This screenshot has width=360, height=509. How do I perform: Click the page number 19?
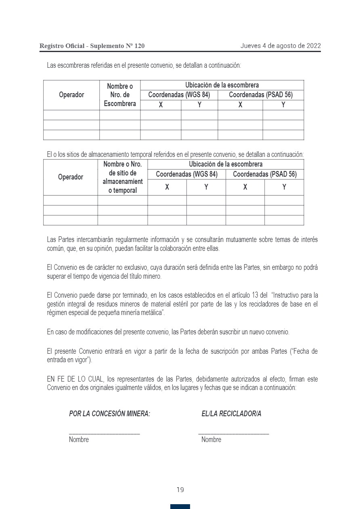pyautogui.click(x=180, y=490)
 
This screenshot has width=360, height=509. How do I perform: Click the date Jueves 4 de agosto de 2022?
pyautogui.click(x=280, y=46)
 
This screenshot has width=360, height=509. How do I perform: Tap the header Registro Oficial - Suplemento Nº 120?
pyautogui.click(x=92, y=46)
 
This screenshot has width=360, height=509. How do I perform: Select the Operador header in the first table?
pyautogui.click(x=71, y=95)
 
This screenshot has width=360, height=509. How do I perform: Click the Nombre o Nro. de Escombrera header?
pyautogui.click(x=120, y=95)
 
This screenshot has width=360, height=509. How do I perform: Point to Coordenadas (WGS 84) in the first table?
pyautogui.click(x=179, y=95)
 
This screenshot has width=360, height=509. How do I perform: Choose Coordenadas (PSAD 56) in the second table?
pyautogui.click(x=265, y=174)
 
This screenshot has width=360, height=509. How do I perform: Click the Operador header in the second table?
pyautogui.click(x=71, y=177)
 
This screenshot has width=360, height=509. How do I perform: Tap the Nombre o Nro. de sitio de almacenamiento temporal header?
pyautogui.click(x=123, y=177)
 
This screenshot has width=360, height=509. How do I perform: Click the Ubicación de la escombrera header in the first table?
pyautogui.click(x=222, y=85)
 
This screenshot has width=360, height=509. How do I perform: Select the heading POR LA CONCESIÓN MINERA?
pyautogui.click(x=110, y=414)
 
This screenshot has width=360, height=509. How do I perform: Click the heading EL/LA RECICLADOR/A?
pyautogui.click(x=231, y=414)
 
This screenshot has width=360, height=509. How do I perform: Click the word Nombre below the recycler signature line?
pyautogui.click(x=211, y=440)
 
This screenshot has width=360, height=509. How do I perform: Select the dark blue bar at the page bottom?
pyautogui.click(x=180, y=507)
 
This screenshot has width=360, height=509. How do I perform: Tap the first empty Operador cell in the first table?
pyautogui.click(x=71, y=115)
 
